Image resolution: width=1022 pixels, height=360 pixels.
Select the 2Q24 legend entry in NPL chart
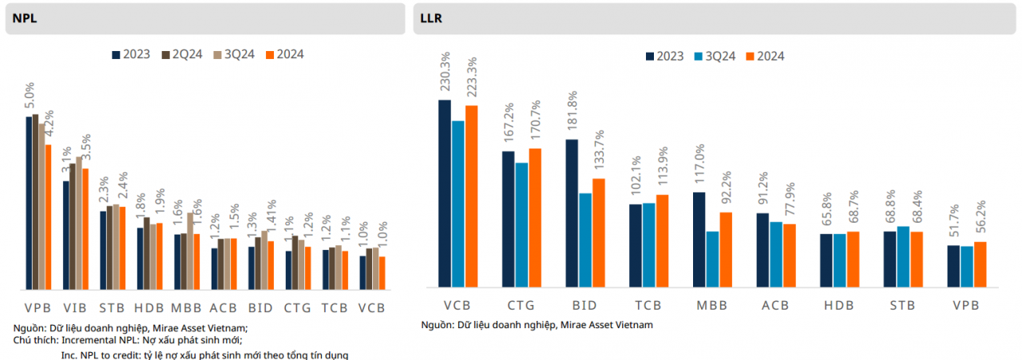click(x=183, y=54)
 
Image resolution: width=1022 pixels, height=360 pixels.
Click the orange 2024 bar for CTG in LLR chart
click(x=535, y=217)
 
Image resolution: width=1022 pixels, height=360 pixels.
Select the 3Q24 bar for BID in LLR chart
click(x=585, y=239)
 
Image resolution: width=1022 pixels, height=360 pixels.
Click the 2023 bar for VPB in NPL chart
click(x=29, y=203)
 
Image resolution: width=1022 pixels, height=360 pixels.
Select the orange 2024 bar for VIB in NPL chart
click(x=85, y=228)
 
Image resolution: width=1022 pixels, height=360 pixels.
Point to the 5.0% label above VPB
click(x=30, y=97)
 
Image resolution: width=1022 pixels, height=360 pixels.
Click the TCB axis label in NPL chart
click(x=335, y=307)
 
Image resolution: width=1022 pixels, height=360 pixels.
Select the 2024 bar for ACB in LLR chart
click(x=790, y=255)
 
